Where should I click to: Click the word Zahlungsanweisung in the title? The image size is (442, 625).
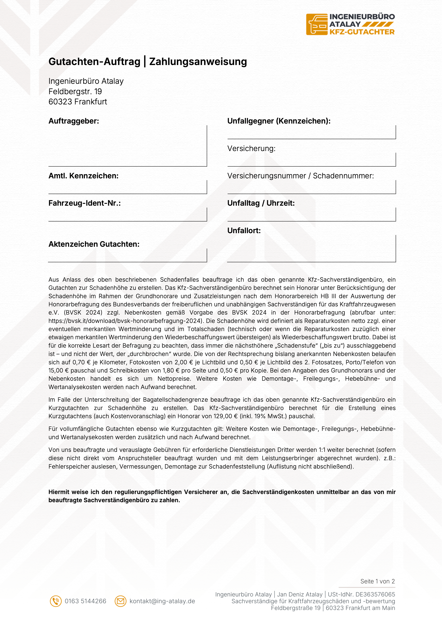[x=198, y=61]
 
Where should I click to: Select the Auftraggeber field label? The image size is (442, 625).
[x=74, y=121]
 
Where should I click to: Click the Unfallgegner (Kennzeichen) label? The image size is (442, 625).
[x=279, y=121]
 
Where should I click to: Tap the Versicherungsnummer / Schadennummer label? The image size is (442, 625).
[x=300, y=176]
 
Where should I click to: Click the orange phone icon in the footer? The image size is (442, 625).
[x=56, y=601]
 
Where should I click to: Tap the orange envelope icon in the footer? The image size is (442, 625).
[x=120, y=601]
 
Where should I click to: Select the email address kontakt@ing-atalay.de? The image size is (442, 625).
[x=162, y=601]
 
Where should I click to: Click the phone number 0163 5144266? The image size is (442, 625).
[x=85, y=601]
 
